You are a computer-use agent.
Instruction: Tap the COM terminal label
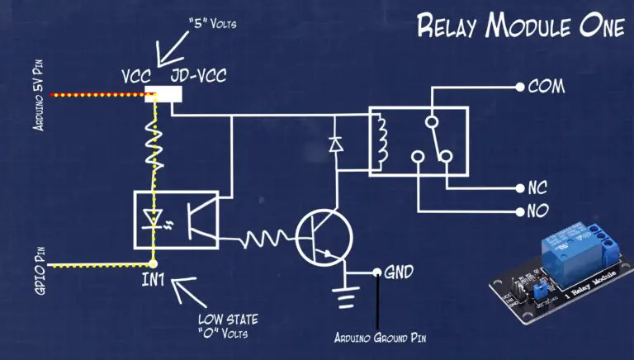tap(546, 86)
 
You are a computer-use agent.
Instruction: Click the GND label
tap(398, 272)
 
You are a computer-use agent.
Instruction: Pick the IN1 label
tap(154, 281)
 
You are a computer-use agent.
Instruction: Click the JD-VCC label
tap(198, 76)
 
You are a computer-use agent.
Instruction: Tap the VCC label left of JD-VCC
tap(137, 76)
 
